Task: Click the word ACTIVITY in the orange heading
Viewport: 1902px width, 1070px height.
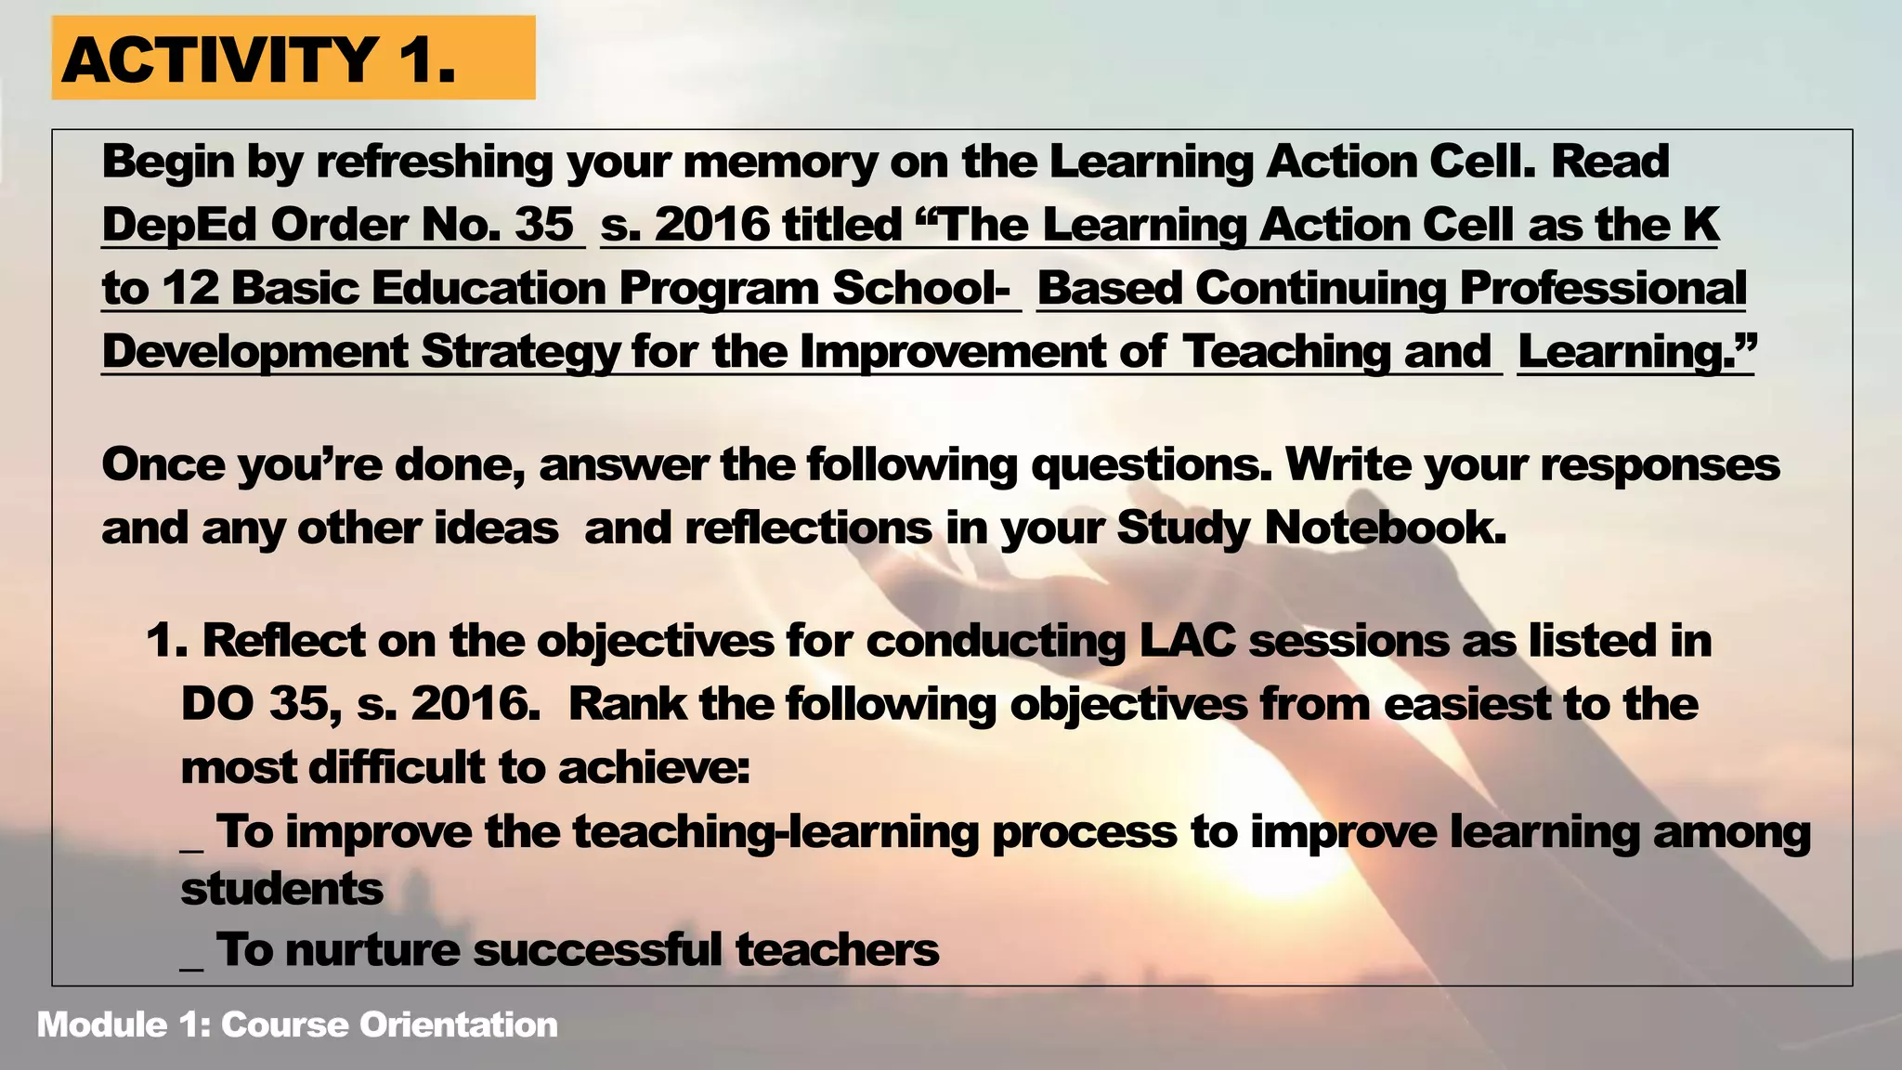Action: (219, 59)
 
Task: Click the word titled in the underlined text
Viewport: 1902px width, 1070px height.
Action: (841, 226)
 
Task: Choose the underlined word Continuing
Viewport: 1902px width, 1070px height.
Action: (1321, 289)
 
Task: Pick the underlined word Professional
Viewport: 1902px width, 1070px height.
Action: (1603, 289)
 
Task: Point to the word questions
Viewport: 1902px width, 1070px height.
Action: (1150, 464)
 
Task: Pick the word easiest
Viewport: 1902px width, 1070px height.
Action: (1466, 704)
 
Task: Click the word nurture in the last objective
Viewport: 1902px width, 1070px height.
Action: (372, 950)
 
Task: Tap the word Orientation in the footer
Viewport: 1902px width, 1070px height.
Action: (459, 1024)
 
